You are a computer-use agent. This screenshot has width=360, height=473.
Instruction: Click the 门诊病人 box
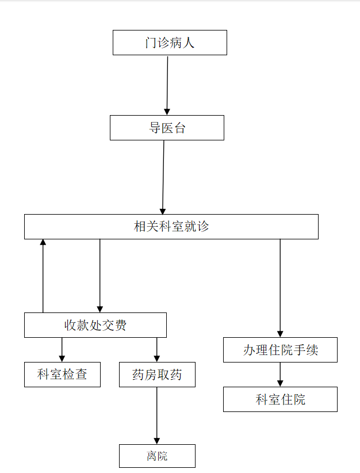(170, 43)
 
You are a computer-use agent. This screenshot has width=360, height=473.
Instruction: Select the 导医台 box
(167, 128)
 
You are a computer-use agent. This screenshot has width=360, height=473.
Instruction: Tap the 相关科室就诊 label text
(171, 227)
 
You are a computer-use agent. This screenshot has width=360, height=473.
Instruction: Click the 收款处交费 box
(95, 325)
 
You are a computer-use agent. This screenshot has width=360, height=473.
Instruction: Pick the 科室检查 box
(62, 375)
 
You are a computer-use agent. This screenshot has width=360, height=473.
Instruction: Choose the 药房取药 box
(157, 375)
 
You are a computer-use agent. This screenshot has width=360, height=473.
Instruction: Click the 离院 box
(157, 456)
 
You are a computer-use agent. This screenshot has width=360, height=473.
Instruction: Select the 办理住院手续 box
(280, 350)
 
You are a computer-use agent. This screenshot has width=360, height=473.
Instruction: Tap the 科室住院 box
(280, 399)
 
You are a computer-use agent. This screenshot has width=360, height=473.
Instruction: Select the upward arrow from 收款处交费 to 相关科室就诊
(43, 276)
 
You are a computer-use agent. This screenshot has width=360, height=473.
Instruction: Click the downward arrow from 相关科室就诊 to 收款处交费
(99, 276)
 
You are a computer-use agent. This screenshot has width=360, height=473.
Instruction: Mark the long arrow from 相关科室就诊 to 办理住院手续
(280, 288)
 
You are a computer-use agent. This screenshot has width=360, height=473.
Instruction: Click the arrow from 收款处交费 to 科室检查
(62, 349)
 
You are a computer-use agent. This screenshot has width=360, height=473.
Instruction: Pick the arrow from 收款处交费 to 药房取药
(156, 349)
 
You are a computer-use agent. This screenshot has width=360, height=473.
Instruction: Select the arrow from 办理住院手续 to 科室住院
(280, 375)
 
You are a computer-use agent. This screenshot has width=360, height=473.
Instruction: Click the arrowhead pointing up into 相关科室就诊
(43, 243)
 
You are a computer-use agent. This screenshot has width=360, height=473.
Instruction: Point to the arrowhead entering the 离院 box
(156, 440)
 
